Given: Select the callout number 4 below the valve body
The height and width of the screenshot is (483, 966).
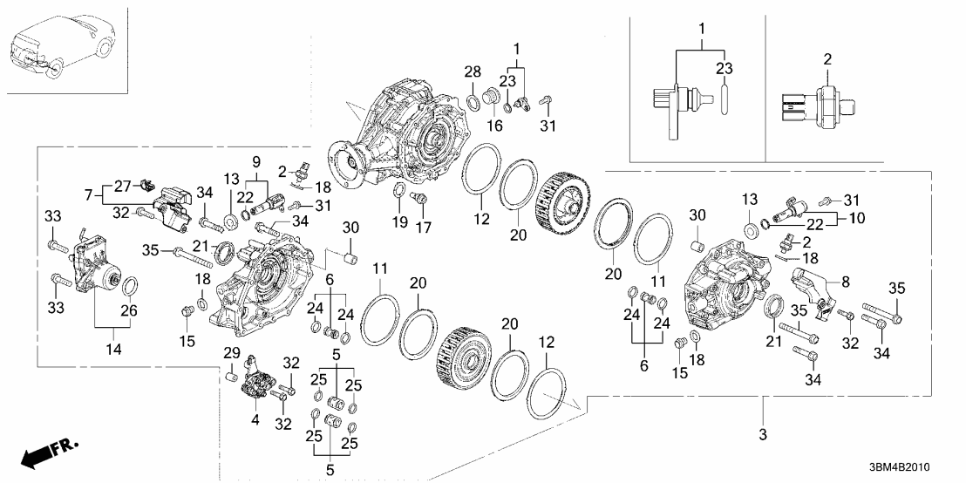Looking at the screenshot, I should [255, 420].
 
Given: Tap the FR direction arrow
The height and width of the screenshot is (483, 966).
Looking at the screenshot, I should [47, 452].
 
